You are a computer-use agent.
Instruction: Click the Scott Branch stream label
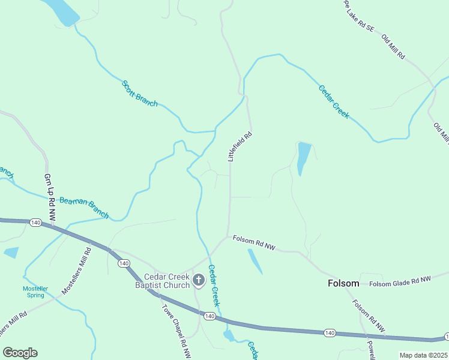(140, 94)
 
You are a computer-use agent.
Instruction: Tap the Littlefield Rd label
(239, 146)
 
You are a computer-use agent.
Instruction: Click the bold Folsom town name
(343, 283)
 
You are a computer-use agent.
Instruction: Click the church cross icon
(198, 280)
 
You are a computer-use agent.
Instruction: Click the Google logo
(20, 353)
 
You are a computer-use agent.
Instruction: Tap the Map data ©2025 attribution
(423, 355)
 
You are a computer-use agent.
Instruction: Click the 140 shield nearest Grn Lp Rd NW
(35, 223)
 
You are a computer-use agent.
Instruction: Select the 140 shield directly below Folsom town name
(330, 332)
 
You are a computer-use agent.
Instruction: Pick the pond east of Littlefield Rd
(304, 157)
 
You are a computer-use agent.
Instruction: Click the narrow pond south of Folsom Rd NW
(255, 261)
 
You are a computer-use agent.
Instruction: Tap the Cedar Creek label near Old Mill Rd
(333, 101)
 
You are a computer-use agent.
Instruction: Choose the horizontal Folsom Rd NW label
(254, 242)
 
